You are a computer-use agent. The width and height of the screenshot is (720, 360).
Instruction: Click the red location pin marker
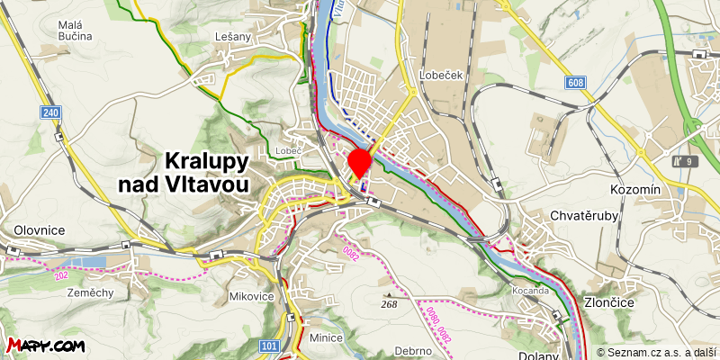click(360, 162)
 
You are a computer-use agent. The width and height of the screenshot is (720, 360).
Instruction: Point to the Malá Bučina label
click(76, 31)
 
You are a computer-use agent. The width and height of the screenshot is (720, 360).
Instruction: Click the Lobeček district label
click(441, 76)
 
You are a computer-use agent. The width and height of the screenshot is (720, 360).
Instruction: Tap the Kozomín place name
click(635, 190)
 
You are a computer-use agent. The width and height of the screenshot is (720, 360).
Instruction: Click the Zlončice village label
click(609, 302)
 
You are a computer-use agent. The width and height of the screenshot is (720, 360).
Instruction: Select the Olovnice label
click(33, 230)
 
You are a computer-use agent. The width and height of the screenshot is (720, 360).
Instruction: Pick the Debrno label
click(413, 350)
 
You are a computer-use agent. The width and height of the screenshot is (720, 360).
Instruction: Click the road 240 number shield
click(50, 112)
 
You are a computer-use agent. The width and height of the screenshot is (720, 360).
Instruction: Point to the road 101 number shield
click(267, 346)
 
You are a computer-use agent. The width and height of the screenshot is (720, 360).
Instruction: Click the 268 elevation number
click(389, 304)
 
